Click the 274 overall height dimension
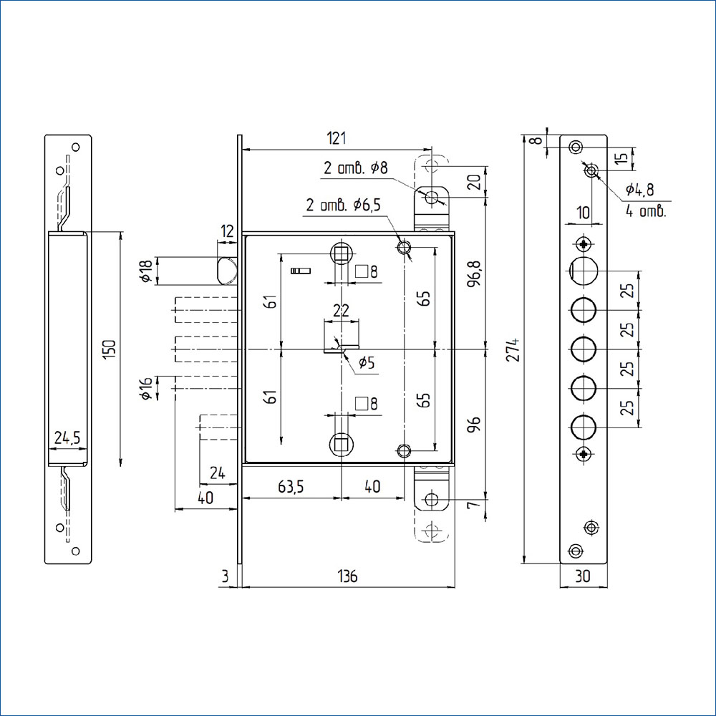click(x=515, y=349)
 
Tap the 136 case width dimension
click(x=347, y=576)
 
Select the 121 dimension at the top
click(x=336, y=138)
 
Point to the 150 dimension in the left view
click(x=110, y=349)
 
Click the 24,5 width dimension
click(x=67, y=437)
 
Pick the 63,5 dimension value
click(x=291, y=487)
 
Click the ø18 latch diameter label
click(x=145, y=271)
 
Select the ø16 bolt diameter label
click(x=145, y=389)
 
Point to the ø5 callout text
click(x=366, y=363)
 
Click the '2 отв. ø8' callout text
click(x=356, y=168)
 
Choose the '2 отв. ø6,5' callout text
click(x=343, y=205)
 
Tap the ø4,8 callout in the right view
click(x=639, y=189)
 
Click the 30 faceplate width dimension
click(x=583, y=576)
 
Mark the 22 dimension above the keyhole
click(x=341, y=311)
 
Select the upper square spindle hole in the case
click(x=341, y=253)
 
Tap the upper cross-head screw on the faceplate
click(x=584, y=243)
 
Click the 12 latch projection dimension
click(x=227, y=231)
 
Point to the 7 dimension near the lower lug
click(x=475, y=504)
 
